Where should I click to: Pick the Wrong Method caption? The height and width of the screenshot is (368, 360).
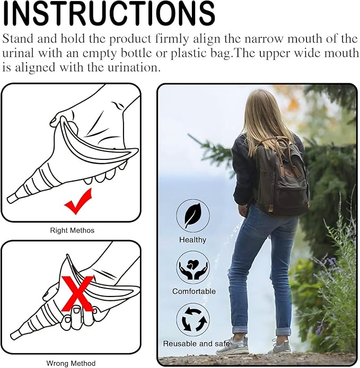pos(71,363)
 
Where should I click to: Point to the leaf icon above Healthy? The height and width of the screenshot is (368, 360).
pos(192,216)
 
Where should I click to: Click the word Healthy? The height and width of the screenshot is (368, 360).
pos(193,240)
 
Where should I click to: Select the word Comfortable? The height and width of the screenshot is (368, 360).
pos(194,291)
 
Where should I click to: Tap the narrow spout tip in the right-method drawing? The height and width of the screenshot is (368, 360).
pos(12,199)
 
